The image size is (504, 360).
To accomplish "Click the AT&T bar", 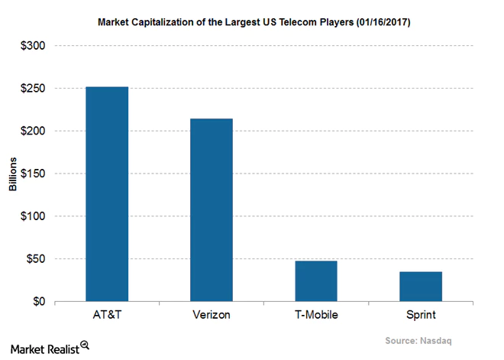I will coord(106,194).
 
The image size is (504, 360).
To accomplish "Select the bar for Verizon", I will coord(211,209).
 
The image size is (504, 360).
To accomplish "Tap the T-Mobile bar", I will coord(316,281).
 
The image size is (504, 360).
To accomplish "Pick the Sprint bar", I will coord(421,287).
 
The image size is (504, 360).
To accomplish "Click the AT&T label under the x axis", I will coord(106,316).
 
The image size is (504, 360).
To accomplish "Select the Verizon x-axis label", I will coord(211,316).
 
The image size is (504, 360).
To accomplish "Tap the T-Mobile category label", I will coord(316,316).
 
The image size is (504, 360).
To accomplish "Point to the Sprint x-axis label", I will coord(421,316).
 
